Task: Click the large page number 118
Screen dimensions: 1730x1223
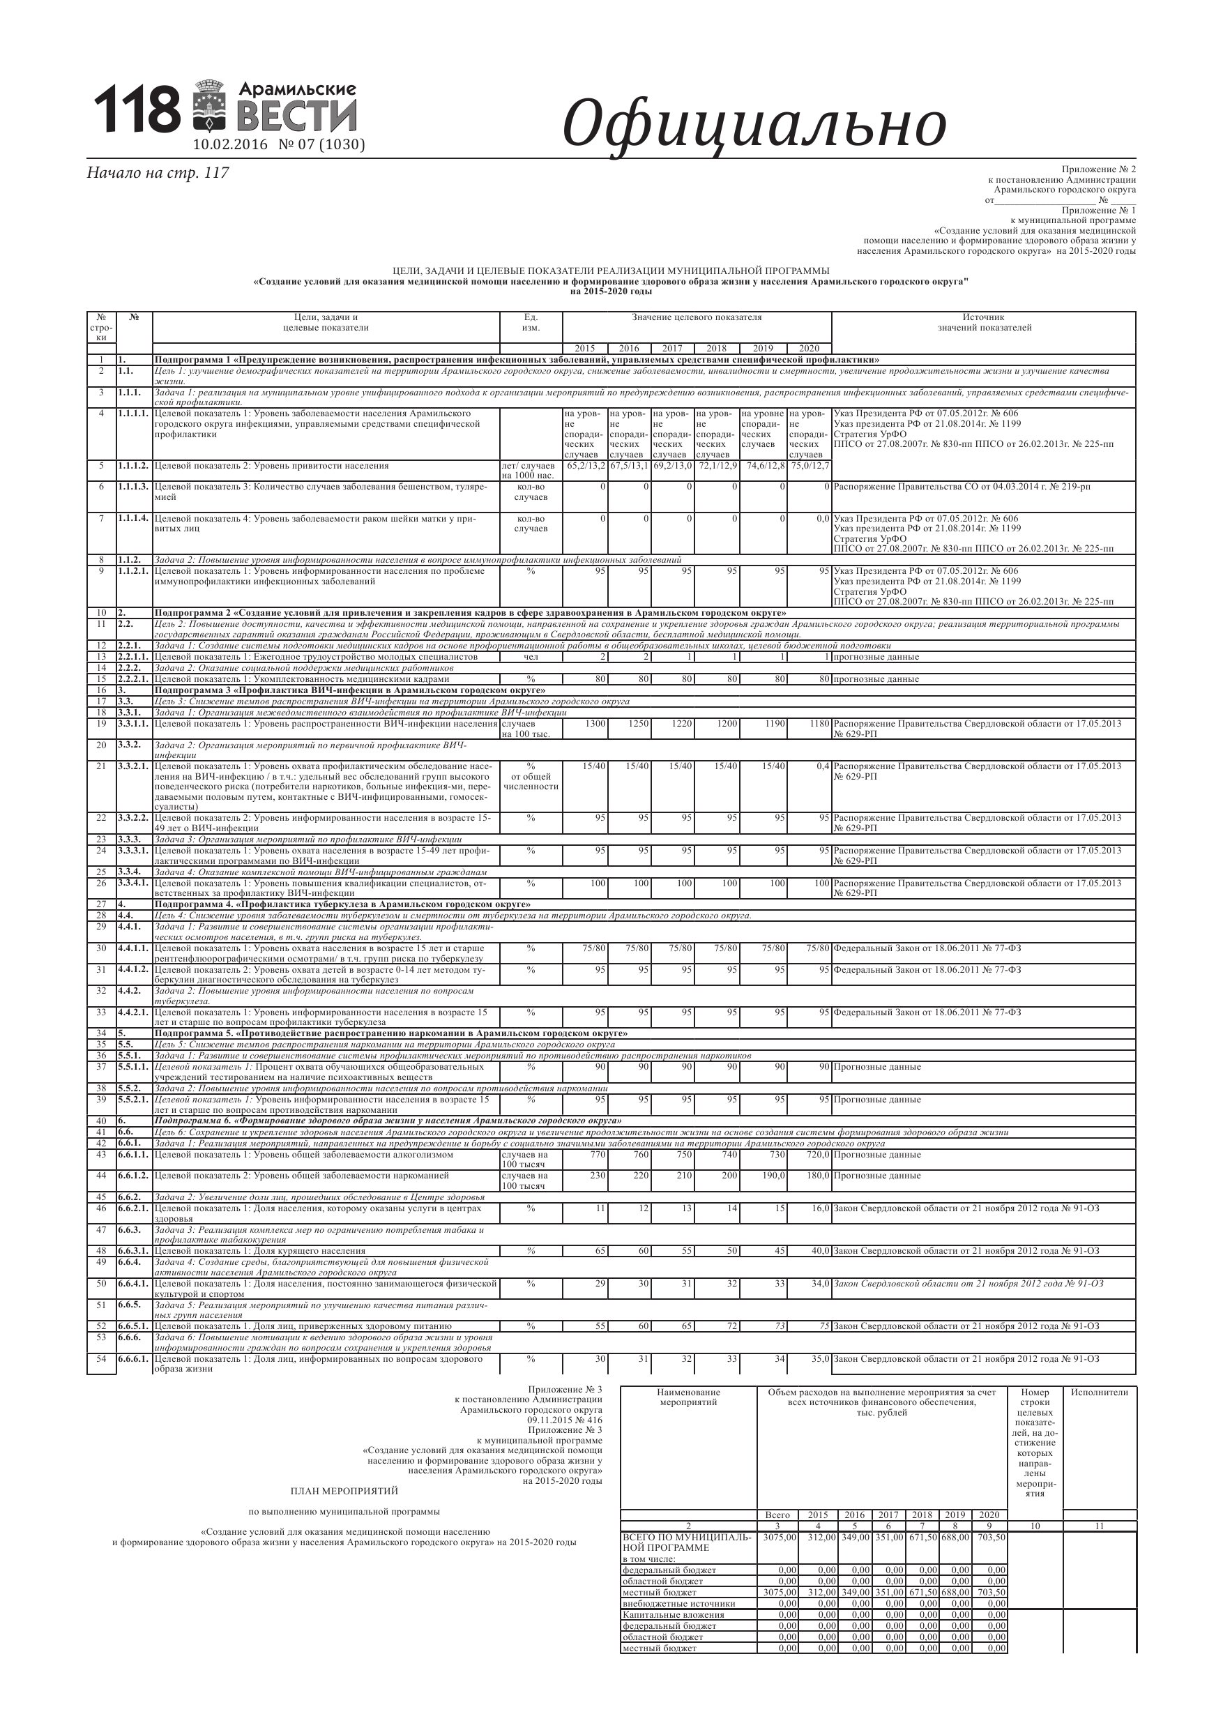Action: click(137, 109)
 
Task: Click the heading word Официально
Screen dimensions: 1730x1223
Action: click(754, 124)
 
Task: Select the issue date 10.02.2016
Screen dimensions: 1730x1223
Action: click(231, 144)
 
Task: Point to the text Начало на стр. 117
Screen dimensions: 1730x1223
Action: click(158, 172)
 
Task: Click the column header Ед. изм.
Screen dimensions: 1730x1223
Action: click(531, 322)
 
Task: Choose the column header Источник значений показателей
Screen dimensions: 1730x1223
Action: click(983, 322)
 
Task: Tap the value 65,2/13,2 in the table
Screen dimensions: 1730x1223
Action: click(585, 466)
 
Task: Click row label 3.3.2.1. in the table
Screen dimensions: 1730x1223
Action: click(133, 766)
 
